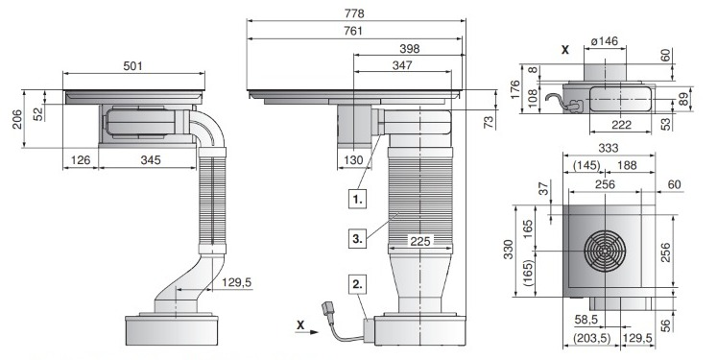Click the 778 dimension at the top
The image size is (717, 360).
pos(354,13)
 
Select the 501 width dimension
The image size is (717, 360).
pos(133,66)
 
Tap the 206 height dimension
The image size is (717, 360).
pos(17,119)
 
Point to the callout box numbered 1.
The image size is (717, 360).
pos(358,200)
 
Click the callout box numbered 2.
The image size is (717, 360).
pos(358,283)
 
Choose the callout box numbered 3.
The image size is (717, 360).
pos(358,238)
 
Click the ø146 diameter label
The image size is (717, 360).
pos(604,41)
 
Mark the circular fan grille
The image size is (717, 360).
pos(605,251)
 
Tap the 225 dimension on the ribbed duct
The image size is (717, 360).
pos(419,241)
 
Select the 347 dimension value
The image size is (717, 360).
pos(402,65)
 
